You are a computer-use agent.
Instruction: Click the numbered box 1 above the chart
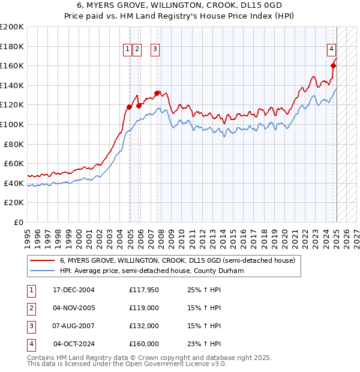[128, 50]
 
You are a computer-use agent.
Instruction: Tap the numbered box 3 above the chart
[155, 50]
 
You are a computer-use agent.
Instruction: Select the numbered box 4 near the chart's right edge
[331, 50]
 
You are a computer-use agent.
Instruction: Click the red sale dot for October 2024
[333, 66]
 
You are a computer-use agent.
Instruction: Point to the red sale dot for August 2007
[157, 93]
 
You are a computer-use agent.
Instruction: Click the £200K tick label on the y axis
[12, 26]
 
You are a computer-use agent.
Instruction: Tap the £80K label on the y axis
[14, 144]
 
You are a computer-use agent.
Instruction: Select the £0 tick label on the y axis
[19, 222]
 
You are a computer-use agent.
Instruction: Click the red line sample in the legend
[41, 261]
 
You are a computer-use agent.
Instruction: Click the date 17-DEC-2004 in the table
[74, 291]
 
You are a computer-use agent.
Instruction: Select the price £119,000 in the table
[144, 308]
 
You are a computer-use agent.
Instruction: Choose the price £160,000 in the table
[144, 344]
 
